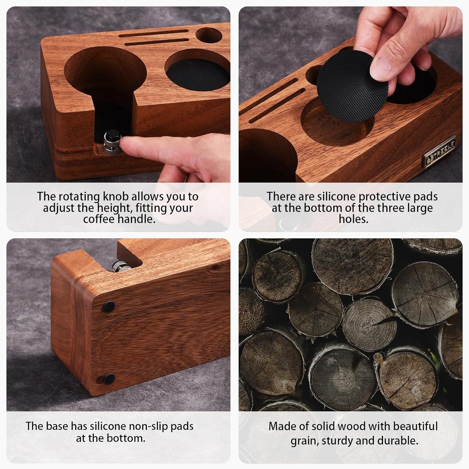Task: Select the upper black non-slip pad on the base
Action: click(x=109, y=306)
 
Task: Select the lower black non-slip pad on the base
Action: click(x=109, y=378)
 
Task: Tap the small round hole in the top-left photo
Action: click(x=208, y=35)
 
